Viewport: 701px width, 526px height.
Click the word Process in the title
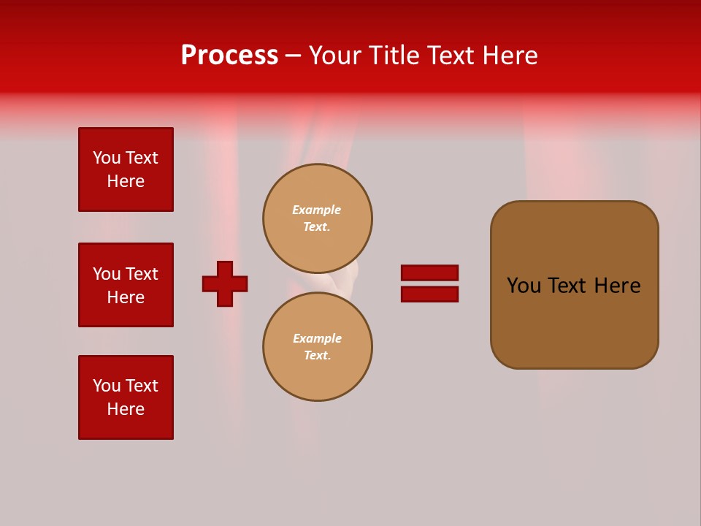tap(229, 56)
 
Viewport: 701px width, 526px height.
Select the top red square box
tap(126, 169)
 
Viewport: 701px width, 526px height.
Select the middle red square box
tap(126, 285)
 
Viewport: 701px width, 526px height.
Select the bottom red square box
tap(126, 397)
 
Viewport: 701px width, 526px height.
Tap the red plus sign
tap(225, 283)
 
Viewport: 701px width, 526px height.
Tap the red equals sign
tap(429, 283)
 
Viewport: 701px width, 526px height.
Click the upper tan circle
tap(318, 218)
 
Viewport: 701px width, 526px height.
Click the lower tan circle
tap(318, 346)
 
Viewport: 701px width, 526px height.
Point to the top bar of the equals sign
tap(429, 272)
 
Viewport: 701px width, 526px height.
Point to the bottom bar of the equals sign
tap(429, 294)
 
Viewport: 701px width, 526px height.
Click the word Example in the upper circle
tap(316, 210)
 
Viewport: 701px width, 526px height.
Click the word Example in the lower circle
tap(317, 338)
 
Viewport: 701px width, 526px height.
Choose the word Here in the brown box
tap(617, 286)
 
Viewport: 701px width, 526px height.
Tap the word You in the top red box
tap(106, 158)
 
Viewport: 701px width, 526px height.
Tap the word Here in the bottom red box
tap(126, 409)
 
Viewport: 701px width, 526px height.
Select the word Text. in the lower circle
tap(317, 356)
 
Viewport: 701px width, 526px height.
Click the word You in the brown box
tap(524, 286)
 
